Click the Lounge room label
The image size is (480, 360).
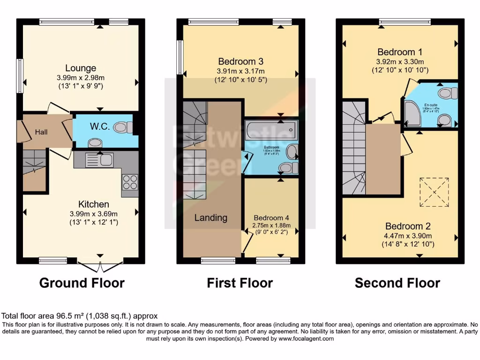[x=81, y=68]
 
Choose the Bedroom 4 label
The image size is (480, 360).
[x=271, y=217]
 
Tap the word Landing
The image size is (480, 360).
[x=211, y=217]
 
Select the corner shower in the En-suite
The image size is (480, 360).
[x=413, y=115]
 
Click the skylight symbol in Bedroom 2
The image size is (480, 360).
[x=434, y=192]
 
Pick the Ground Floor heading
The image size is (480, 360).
[x=82, y=283]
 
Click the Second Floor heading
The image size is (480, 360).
[x=397, y=283]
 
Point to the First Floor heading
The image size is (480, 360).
[x=240, y=283]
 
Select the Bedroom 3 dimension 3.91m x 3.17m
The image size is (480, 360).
[x=240, y=71]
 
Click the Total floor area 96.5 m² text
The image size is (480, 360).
[x=80, y=316]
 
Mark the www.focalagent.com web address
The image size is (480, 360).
[x=307, y=338]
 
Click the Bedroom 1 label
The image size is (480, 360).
[x=396, y=52]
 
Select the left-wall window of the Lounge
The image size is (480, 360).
[x=20, y=76]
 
